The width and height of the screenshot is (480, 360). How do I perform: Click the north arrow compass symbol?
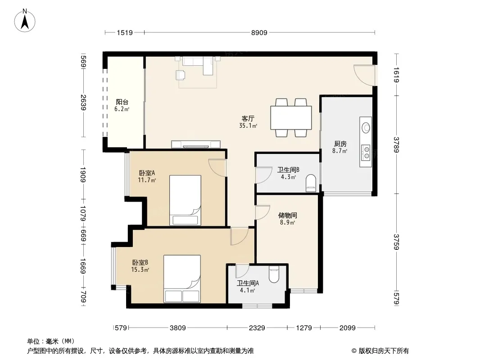click(x=25, y=21)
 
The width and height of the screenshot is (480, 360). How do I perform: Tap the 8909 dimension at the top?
click(x=259, y=32)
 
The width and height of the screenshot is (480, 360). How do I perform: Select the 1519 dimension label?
click(x=125, y=32)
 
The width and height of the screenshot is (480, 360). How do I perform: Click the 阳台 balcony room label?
click(x=122, y=102)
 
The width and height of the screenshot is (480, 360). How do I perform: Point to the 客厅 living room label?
click(x=248, y=118)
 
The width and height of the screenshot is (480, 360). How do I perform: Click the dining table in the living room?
click(x=291, y=118)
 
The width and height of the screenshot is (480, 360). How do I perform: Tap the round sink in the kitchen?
click(x=366, y=127)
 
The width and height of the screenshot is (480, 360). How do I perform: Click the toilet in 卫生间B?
click(x=311, y=183)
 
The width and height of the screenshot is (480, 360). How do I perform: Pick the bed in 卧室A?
click(x=185, y=200)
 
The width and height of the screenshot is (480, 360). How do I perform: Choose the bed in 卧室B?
click(x=182, y=279)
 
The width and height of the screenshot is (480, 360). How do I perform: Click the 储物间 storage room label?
click(x=287, y=216)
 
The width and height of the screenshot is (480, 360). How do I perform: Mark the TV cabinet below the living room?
click(x=196, y=144)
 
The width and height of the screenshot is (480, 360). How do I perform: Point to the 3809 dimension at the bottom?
click(x=178, y=328)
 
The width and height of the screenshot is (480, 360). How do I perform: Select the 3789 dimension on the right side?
click(x=396, y=144)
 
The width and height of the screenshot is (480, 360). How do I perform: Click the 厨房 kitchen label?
click(x=340, y=144)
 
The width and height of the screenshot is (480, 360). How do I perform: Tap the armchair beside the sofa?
click(x=180, y=75)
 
